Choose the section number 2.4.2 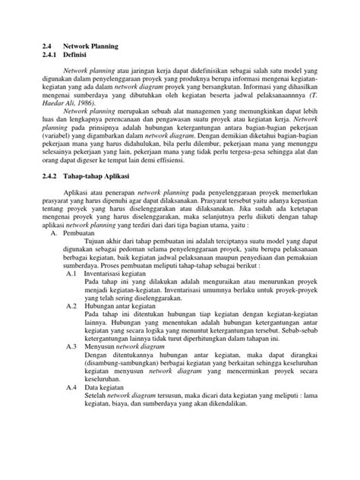(53, 218)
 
